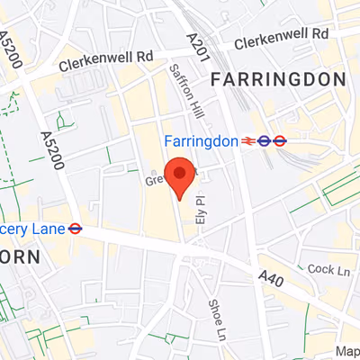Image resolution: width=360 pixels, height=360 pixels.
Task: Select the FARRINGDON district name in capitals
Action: point(278,80)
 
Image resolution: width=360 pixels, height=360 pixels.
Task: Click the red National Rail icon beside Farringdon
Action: point(247,141)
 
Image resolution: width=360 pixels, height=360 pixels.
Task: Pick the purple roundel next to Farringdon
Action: point(265,141)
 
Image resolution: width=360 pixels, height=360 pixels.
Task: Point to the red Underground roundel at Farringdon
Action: point(280,141)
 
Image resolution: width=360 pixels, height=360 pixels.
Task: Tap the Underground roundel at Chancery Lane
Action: point(76,229)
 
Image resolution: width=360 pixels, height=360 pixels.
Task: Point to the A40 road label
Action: point(272,281)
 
